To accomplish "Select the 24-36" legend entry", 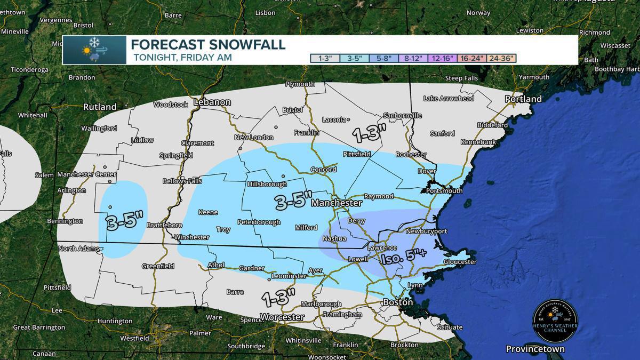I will [x=501, y=59].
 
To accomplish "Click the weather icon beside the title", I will [x=94, y=50].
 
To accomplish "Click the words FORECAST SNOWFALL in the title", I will [x=208, y=45].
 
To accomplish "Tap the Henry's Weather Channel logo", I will [x=555, y=321].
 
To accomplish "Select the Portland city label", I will [x=524, y=99].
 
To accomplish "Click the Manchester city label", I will [x=337, y=203].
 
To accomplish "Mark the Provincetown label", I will [x=535, y=349].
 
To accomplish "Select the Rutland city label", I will [x=100, y=107].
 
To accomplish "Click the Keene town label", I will [x=208, y=212].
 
